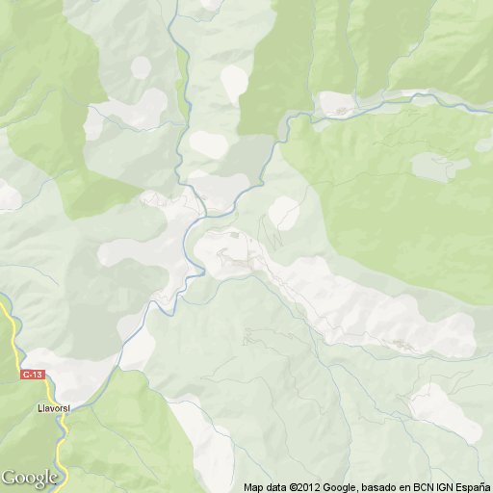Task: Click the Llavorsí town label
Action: click(55, 407)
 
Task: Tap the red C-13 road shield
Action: click(33, 375)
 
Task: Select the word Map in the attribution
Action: click(254, 487)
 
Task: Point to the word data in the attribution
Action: click(278, 487)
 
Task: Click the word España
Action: click(480, 487)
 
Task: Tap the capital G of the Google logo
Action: click(9, 477)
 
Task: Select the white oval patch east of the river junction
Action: click(283, 211)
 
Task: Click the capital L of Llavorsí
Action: click(39, 407)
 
